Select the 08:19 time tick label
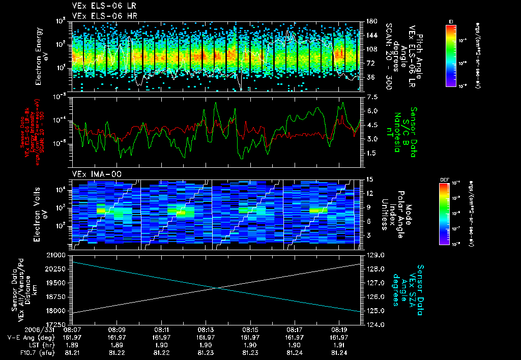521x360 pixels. [339, 329]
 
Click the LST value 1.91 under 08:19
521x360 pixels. [339, 344]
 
